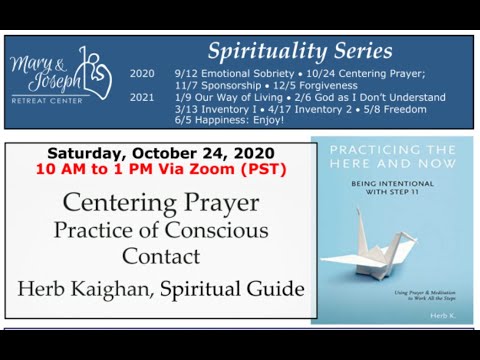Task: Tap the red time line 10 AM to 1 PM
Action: (x=160, y=169)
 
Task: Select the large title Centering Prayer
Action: (x=160, y=203)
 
